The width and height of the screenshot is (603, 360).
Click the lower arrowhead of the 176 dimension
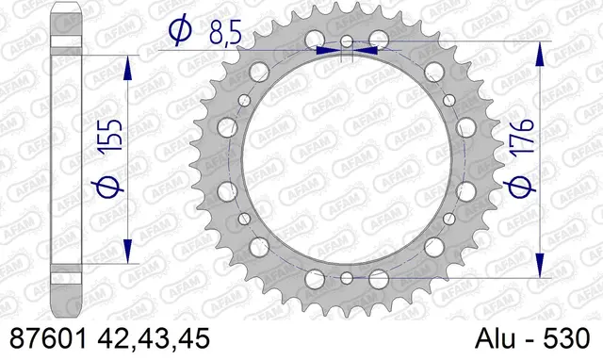pyautogui.click(x=540, y=263)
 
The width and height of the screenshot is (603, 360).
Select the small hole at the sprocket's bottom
pyautogui.click(x=347, y=277)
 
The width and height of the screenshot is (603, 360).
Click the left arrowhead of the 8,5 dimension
pyautogui.click(x=327, y=51)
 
